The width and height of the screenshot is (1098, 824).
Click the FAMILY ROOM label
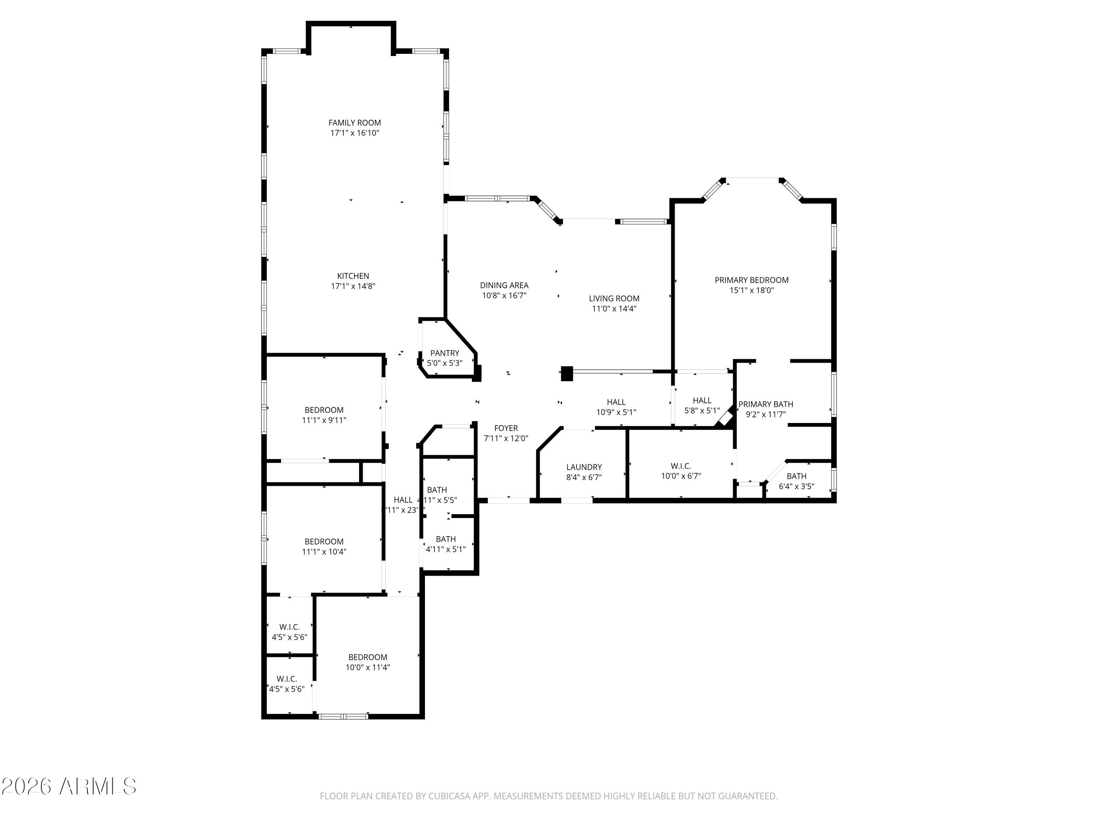354,123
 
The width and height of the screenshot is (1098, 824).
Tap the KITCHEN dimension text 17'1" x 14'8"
353,286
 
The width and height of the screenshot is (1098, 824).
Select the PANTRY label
444,353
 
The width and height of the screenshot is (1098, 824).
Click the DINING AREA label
504,285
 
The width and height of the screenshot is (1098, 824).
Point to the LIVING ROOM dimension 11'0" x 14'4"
614,308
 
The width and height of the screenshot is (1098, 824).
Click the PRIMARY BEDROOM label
751,280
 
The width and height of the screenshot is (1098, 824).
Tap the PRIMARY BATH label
765,404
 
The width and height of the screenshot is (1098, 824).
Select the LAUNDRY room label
584,467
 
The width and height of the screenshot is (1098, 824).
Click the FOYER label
506,428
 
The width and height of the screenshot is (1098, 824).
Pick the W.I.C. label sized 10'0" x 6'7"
680,466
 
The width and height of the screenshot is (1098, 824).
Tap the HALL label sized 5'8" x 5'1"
702,400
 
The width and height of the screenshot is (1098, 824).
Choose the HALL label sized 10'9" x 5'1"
616,402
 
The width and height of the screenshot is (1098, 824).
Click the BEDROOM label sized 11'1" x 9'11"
324,410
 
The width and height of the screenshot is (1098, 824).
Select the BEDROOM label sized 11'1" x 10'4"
324,541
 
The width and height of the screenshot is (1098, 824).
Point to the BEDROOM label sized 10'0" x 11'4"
367,657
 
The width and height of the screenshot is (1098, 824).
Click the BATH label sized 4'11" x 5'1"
445,539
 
